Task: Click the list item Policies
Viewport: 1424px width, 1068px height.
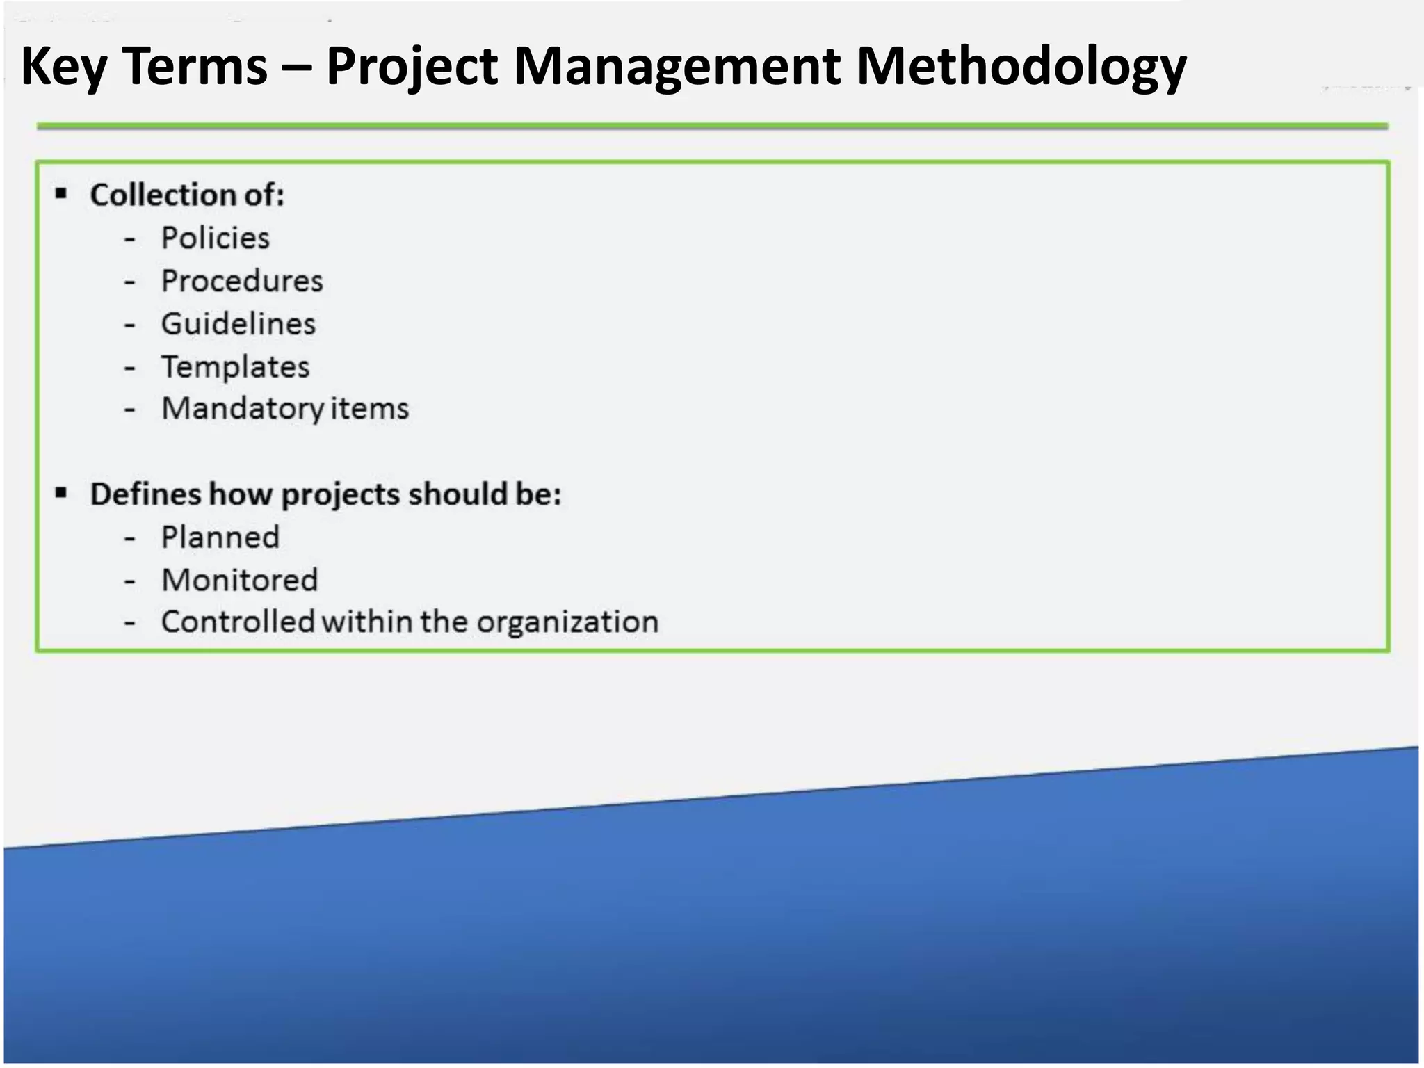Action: click(215, 238)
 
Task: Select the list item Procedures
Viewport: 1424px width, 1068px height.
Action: click(242, 282)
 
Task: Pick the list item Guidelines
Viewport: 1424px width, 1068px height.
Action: click(238, 325)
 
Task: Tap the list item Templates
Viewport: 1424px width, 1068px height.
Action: click(236, 367)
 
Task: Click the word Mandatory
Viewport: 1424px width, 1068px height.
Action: click(243, 409)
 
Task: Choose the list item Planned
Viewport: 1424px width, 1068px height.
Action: click(220, 537)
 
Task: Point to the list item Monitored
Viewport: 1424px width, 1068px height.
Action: click(240, 581)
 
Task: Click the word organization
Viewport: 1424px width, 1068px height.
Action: click(567, 622)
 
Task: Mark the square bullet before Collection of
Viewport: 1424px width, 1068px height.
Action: click(61, 193)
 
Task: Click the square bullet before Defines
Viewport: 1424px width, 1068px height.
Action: click(61, 493)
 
